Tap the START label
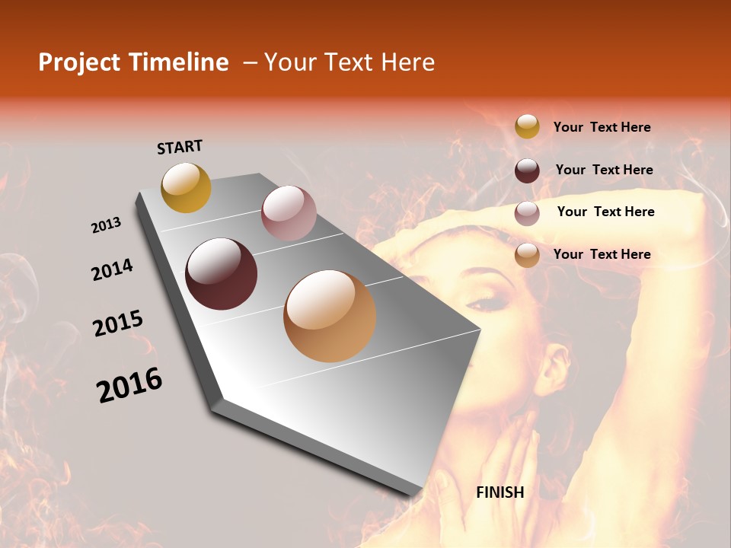(x=180, y=147)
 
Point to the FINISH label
(x=500, y=492)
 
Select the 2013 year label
(x=107, y=225)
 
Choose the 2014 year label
(x=113, y=269)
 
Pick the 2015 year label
(x=118, y=323)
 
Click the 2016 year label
(x=129, y=385)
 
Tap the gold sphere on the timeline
(x=186, y=187)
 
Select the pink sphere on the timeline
(x=289, y=213)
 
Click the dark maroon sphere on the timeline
(x=222, y=274)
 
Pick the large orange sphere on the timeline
(x=330, y=316)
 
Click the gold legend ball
(x=527, y=126)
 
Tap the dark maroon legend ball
(x=527, y=170)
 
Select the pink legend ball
(x=527, y=212)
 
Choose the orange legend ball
(x=527, y=255)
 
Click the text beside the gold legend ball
(x=602, y=127)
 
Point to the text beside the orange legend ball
(x=602, y=254)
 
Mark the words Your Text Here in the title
(x=350, y=62)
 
